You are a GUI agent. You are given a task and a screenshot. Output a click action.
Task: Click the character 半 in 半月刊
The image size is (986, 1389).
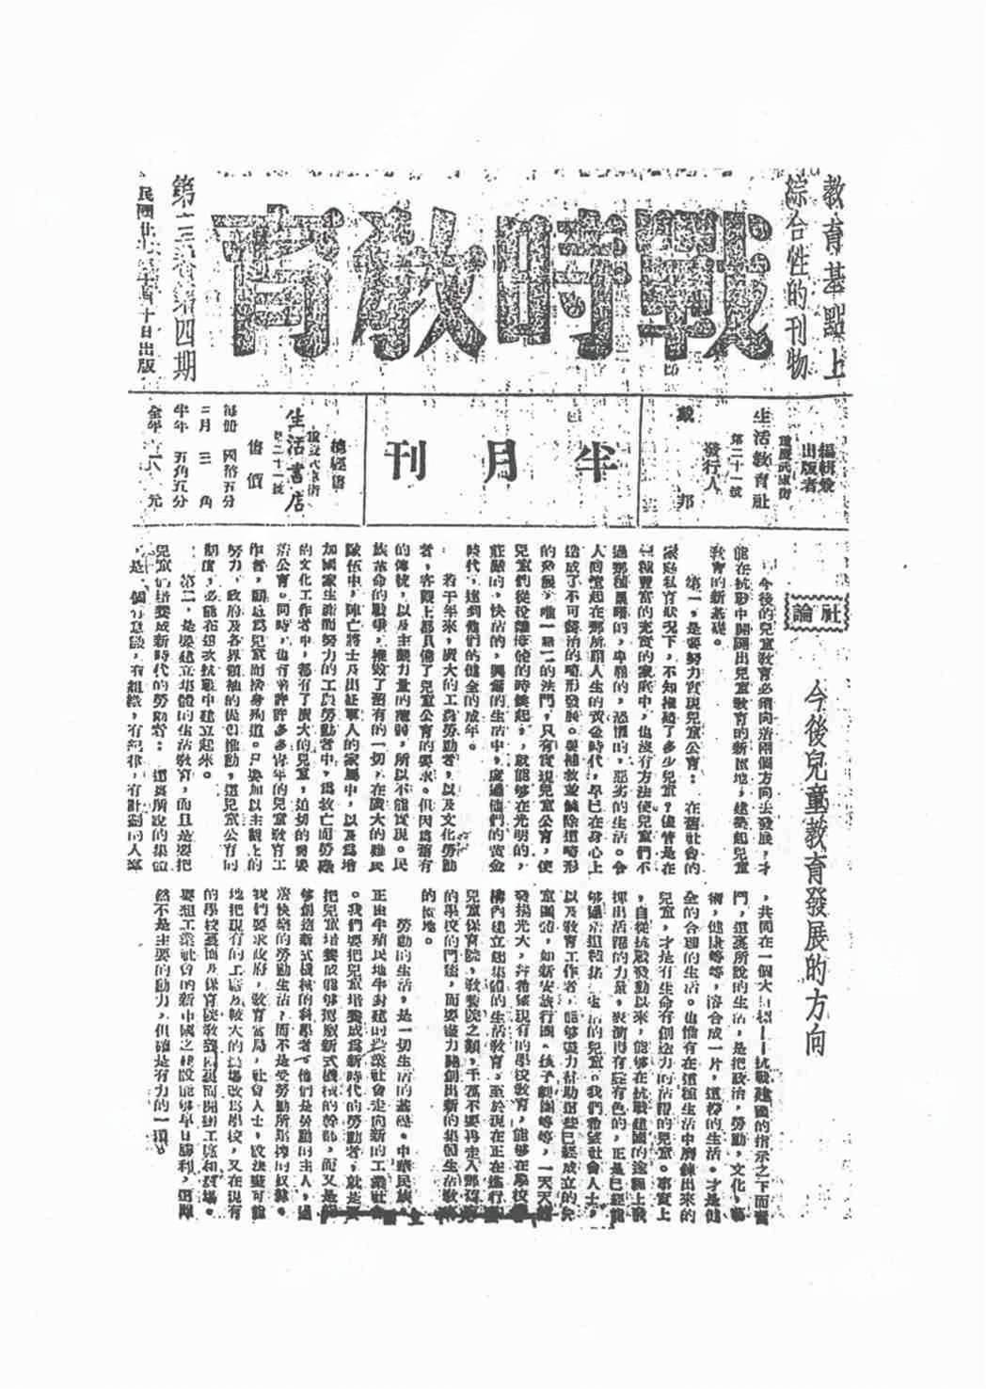tap(587, 460)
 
